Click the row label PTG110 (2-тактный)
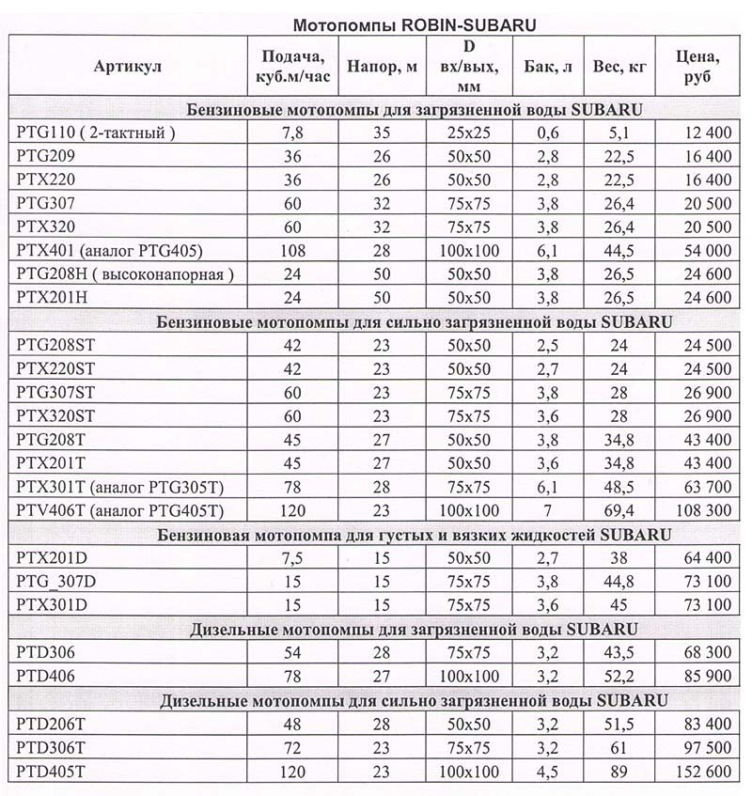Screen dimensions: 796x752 [97, 133]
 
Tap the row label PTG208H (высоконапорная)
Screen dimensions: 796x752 [124, 273]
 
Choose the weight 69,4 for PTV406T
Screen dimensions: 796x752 [618, 509]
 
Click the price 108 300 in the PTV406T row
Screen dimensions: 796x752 [701, 509]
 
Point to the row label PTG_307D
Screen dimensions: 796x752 [57, 581]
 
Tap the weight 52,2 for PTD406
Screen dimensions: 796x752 [618, 676]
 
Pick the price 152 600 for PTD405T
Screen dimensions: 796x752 [701, 771]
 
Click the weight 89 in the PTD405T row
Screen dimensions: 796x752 [618, 771]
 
